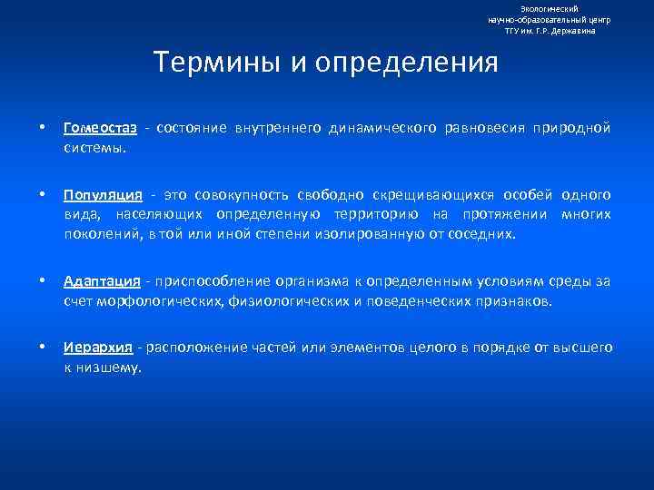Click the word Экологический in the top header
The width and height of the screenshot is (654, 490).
[x=550, y=8]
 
